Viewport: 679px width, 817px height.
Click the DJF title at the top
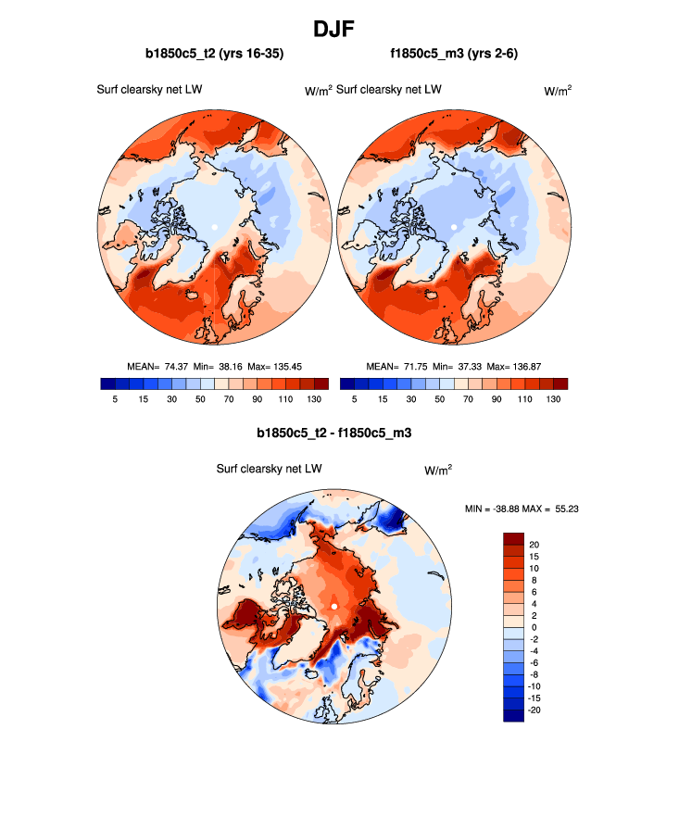[x=339, y=29]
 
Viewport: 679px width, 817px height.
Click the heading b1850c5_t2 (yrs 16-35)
[x=214, y=55]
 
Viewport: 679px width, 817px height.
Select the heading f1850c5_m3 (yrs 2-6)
[x=454, y=55]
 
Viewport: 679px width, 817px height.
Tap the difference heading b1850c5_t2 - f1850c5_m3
[x=333, y=433]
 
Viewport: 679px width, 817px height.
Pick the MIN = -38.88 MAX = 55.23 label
[x=522, y=509]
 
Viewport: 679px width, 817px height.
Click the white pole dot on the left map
[x=214, y=227]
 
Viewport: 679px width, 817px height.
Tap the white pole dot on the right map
[x=454, y=227]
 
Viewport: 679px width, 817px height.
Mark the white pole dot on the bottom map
[x=333, y=607]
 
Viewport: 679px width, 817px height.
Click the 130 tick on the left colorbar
[x=314, y=398]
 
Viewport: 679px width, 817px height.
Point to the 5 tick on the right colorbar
[x=354, y=398]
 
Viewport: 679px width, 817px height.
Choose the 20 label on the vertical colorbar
[x=534, y=545]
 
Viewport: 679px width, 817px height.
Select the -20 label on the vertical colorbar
[x=536, y=710]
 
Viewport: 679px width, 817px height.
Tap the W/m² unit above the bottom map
[x=438, y=470]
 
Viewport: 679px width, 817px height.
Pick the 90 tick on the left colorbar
[x=257, y=398]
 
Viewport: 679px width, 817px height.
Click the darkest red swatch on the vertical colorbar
[x=514, y=538]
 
